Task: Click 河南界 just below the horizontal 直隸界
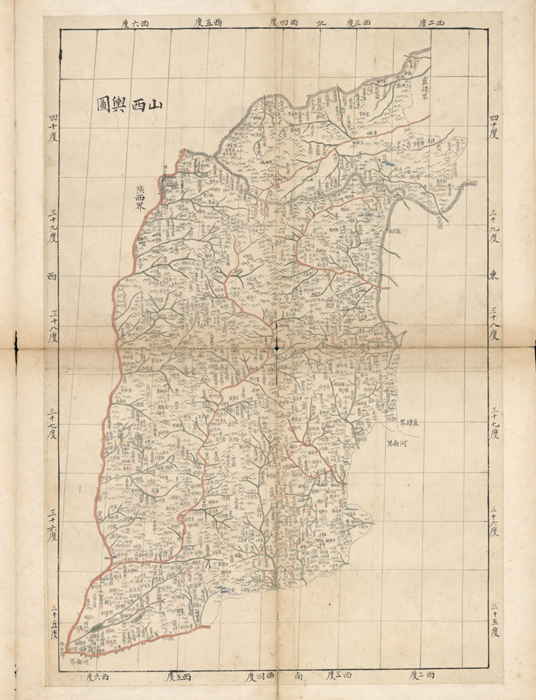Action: pyautogui.click(x=398, y=443)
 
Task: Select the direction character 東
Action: pyautogui.click(x=493, y=274)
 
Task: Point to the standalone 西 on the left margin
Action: pyautogui.click(x=52, y=276)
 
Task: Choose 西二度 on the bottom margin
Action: pyautogui.click(x=421, y=675)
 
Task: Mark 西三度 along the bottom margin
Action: pyautogui.click(x=340, y=676)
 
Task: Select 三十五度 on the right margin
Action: pyautogui.click(x=494, y=620)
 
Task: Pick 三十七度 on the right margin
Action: pyautogui.click(x=494, y=423)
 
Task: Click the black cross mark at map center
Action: pyautogui.click(x=276, y=347)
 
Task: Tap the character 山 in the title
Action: pyautogui.click(x=155, y=105)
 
